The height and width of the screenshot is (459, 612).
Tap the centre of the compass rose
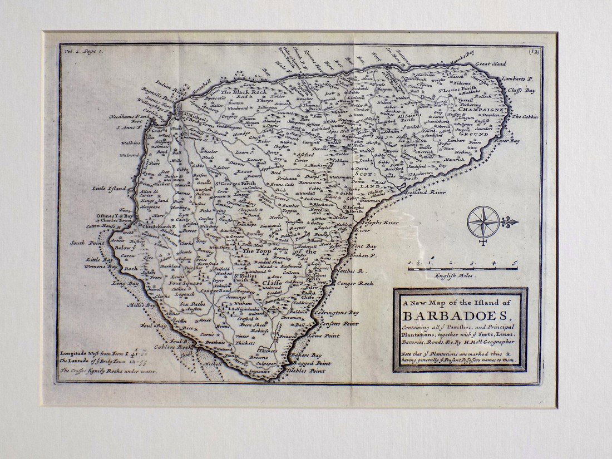(x=483, y=221)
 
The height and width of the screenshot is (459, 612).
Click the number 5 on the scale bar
(x=515, y=262)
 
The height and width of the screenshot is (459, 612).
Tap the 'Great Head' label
(x=490, y=64)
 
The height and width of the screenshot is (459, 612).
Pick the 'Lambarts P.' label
(x=517, y=79)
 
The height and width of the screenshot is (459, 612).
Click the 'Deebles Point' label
(x=309, y=371)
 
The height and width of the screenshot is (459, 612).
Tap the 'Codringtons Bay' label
(x=337, y=313)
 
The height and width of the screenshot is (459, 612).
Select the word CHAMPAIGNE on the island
(x=482, y=110)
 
